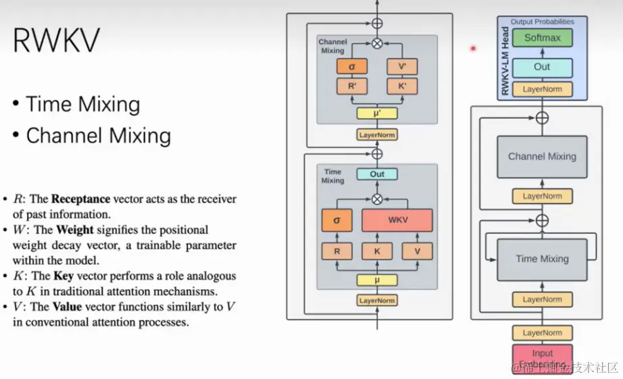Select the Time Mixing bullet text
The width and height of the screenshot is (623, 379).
[x=82, y=104]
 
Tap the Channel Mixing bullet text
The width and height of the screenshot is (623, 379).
[x=98, y=136]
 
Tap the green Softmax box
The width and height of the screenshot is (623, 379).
[x=542, y=38]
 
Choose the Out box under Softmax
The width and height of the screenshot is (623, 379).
[x=542, y=67]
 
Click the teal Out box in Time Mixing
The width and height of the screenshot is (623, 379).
[x=377, y=174]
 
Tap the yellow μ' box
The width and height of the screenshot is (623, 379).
[x=377, y=114]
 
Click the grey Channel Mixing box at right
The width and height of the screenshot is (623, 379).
[x=542, y=157]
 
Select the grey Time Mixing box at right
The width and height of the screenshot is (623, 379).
[x=542, y=259]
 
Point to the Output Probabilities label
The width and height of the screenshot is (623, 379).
[x=542, y=22]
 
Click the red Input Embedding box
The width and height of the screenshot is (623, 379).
[x=542, y=358]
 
